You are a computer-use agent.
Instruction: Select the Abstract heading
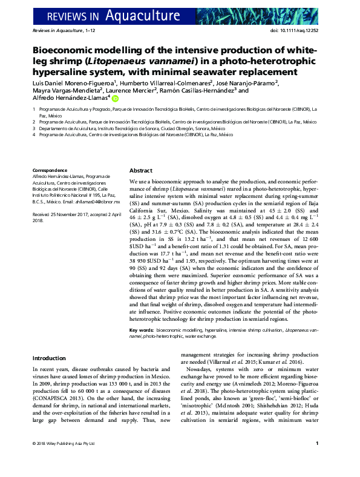140,171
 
